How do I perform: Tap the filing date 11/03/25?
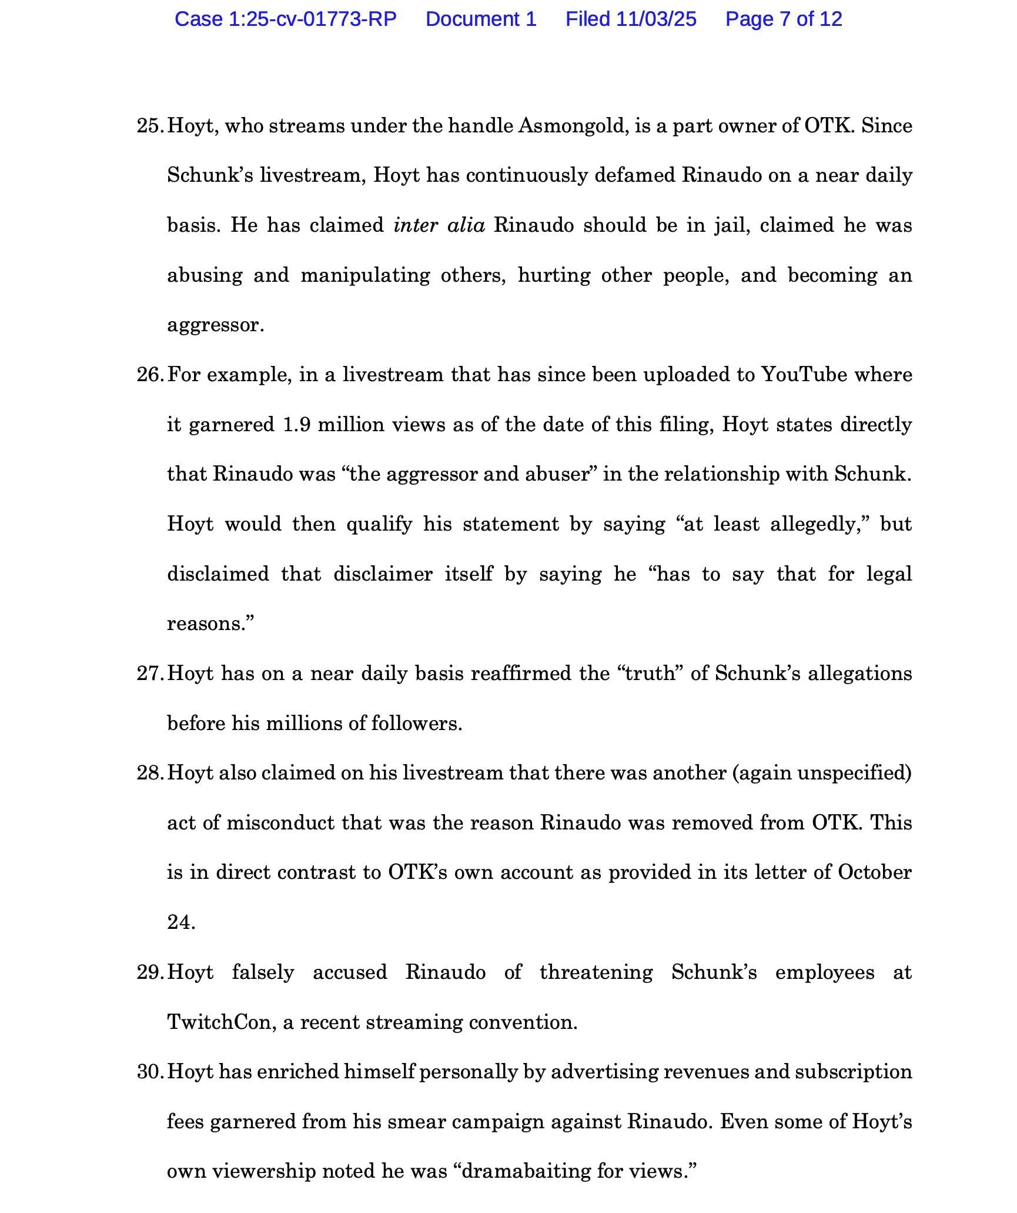coord(656,19)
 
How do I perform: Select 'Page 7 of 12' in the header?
coord(784,19)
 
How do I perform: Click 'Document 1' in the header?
coord(481,19)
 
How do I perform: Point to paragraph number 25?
coord(150,126)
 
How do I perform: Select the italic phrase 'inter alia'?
coord(439,225)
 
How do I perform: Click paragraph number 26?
coord(150,375)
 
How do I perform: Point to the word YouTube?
coord(804,375)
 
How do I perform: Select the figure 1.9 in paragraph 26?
coord(296,425)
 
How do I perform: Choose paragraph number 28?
coord(150,773)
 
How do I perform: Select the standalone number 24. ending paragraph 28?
coord(180,922)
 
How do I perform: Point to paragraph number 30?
coord(150,1072)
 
